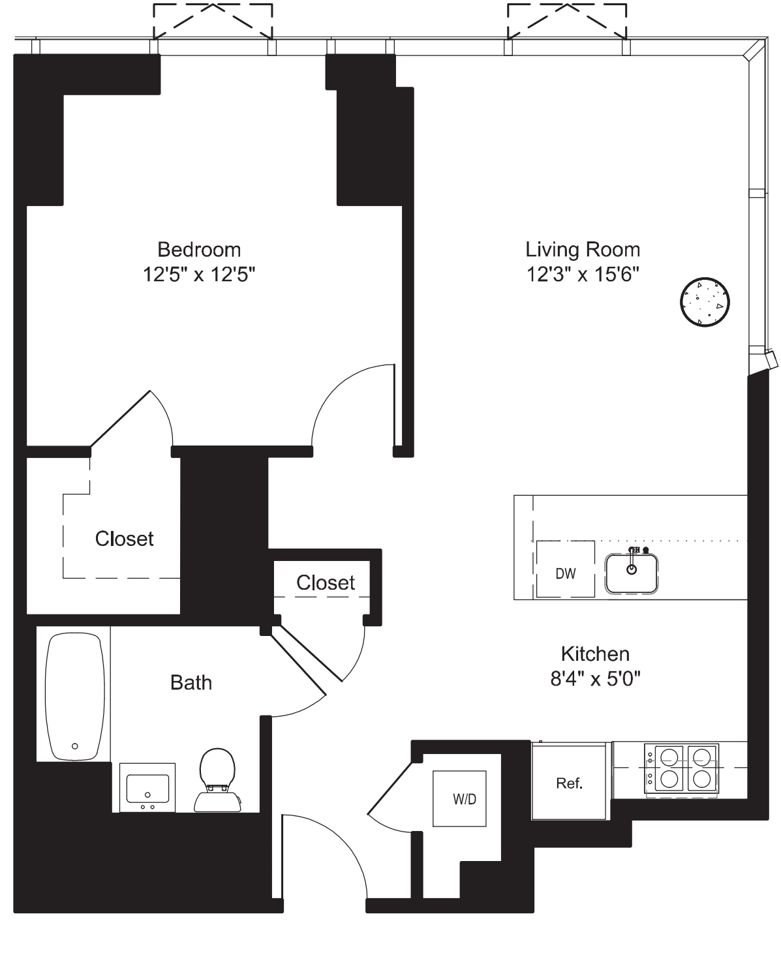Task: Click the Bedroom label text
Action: (199, 250)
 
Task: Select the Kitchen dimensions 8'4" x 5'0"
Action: (595, 679)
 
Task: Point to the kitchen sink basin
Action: (631, 574)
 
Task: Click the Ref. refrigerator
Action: (569, 783)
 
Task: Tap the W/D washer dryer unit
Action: (464, 799)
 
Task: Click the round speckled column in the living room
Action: (705, 301)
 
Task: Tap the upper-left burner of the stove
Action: (669, 757)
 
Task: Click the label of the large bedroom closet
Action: (124, 539)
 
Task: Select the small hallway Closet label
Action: (326, 582)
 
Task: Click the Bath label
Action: (191, 683)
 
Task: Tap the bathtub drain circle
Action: (75, 746)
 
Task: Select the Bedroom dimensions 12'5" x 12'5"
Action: (199, 275)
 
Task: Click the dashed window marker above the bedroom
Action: (213, 21)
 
